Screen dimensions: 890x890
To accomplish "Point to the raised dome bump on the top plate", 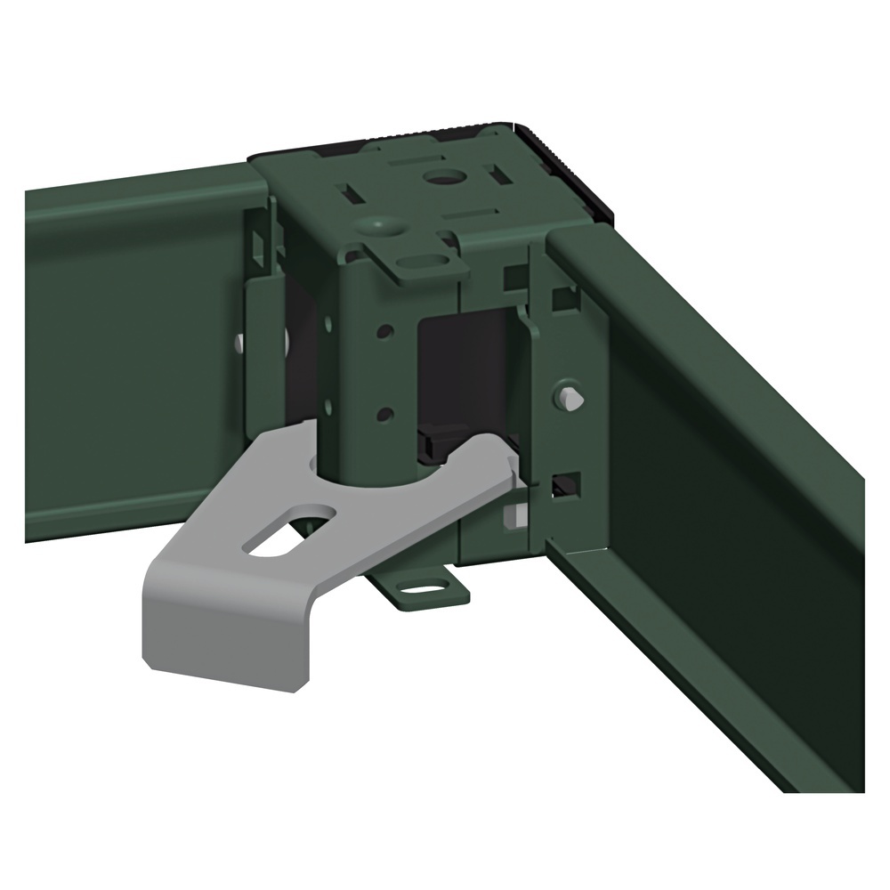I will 380,226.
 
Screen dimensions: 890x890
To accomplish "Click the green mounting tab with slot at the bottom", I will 419,589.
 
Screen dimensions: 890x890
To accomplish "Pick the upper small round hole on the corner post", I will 384,332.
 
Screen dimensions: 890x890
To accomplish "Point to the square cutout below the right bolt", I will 564,485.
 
